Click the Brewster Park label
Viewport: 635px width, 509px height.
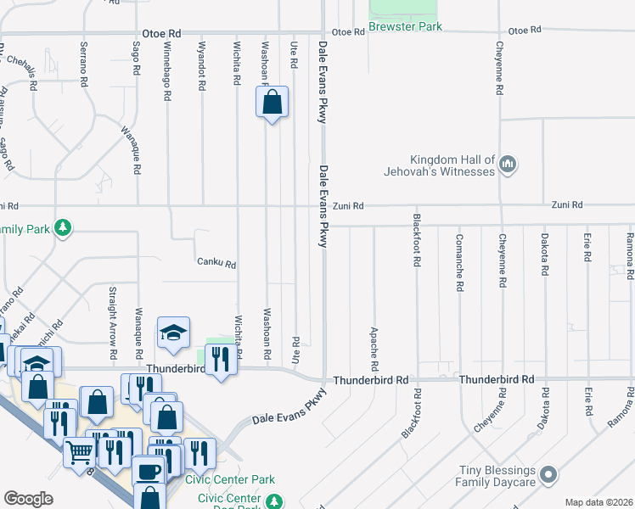[x=406, y=27]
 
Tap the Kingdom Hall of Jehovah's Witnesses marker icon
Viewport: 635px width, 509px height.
[x=508, y=162]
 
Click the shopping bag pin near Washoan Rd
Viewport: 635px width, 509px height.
[x=272, y=103]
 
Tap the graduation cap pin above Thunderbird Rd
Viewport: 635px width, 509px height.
[x=173, y=333]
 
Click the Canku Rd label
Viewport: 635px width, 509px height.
[x=216, y=263]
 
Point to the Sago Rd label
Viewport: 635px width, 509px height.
[x=136, y=58]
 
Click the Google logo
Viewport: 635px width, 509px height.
[x=29, y=499]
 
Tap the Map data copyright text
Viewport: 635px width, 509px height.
[x=598, y=502]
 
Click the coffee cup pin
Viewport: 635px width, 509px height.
[x=148, y=471]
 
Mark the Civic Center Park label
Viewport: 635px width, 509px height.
[x=230, y=479]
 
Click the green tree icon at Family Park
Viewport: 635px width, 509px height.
[x=62, y=228]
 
